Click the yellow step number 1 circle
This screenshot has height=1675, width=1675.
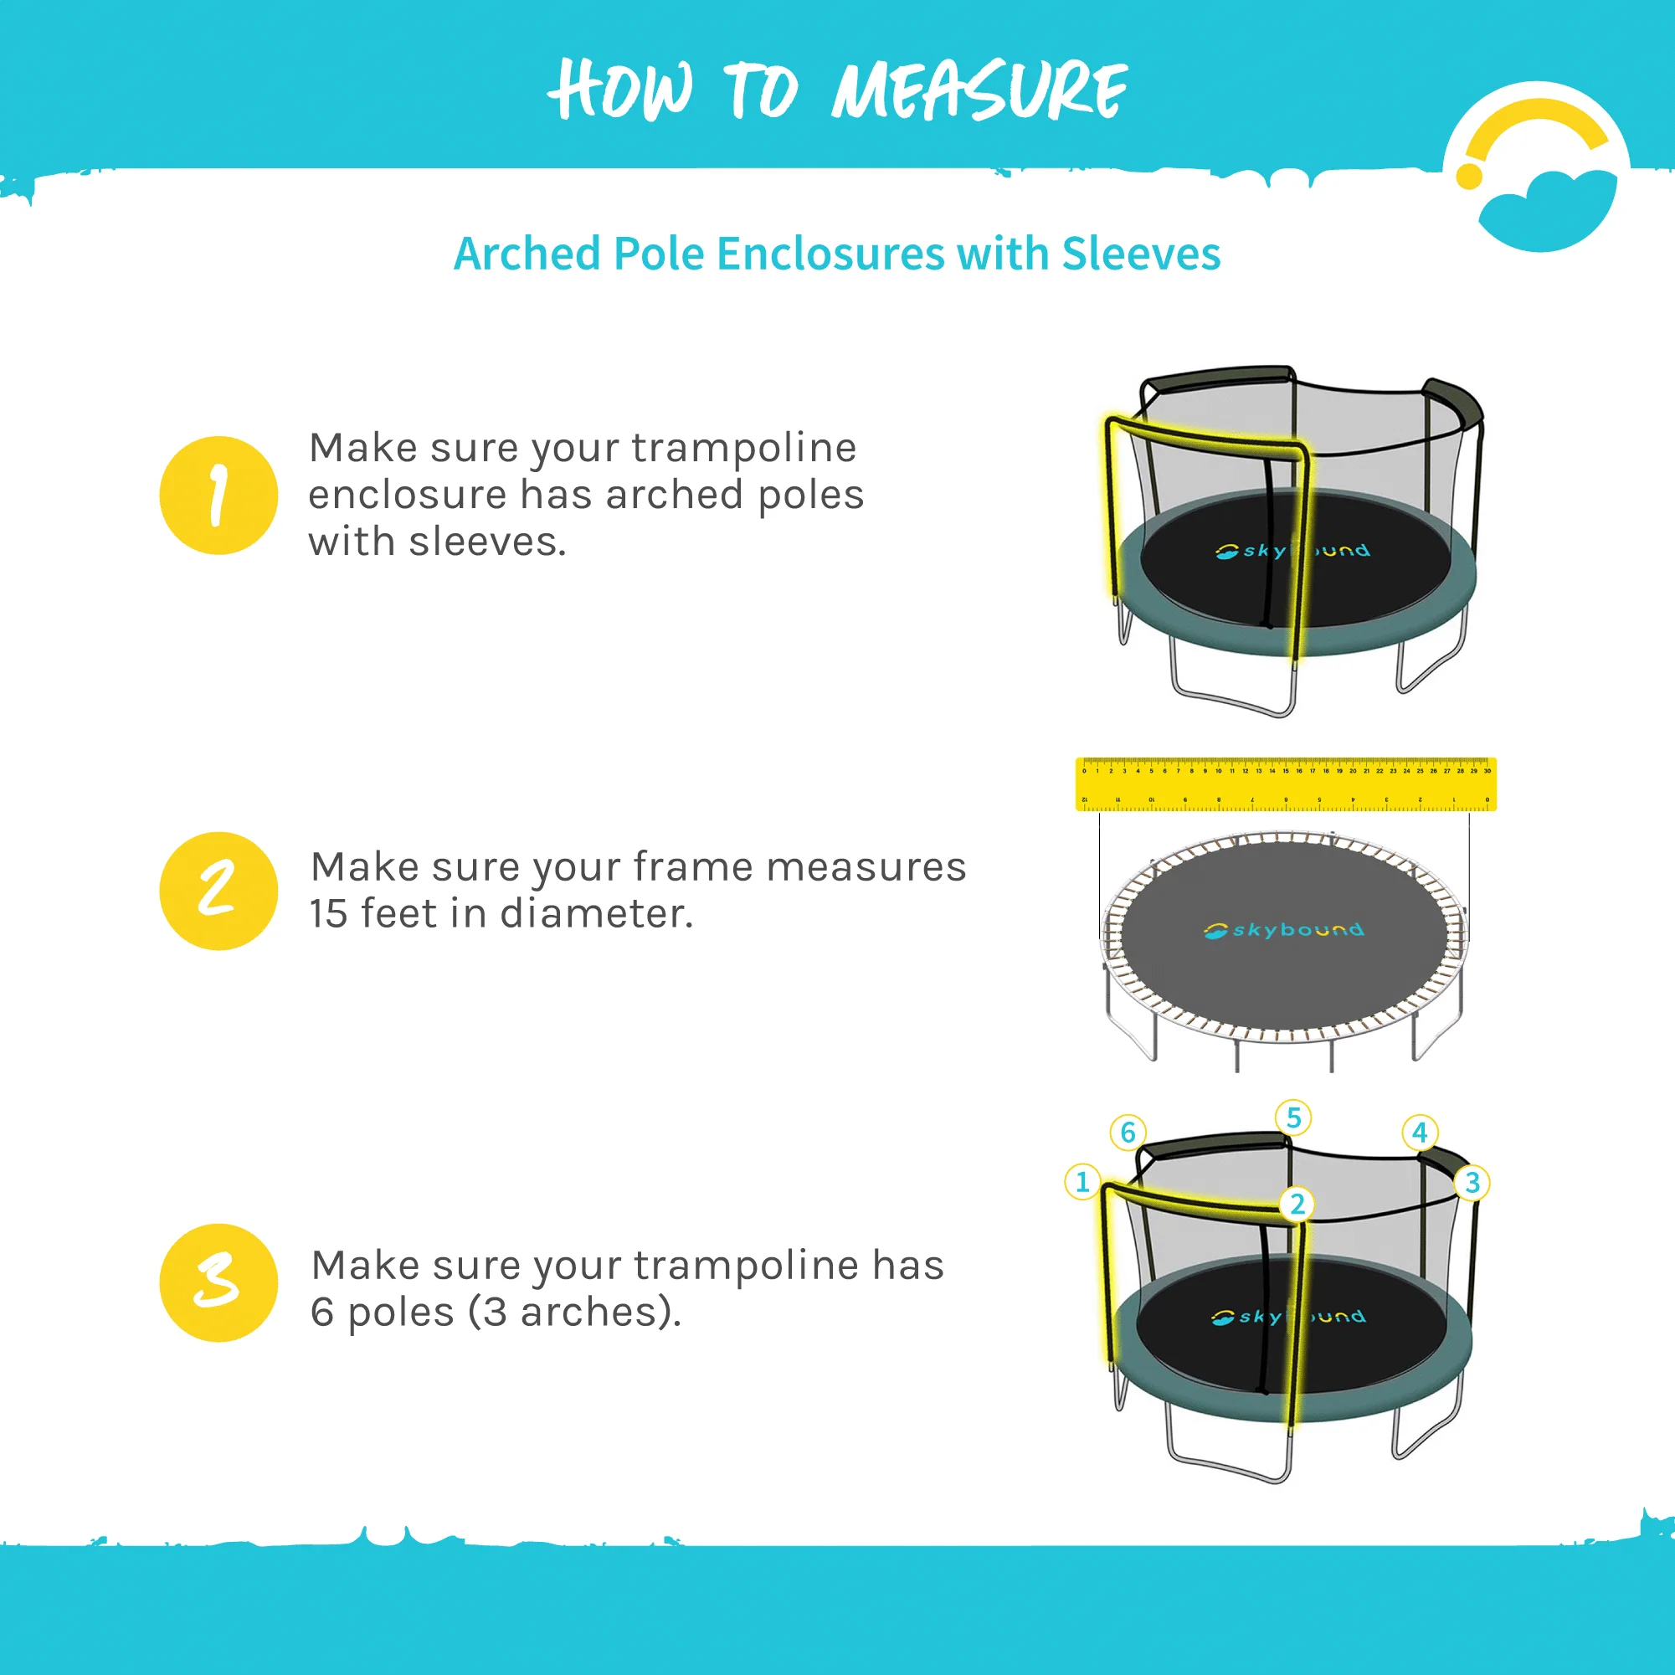[218, 495]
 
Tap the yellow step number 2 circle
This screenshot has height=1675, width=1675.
[218, 891]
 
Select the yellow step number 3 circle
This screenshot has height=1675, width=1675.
[218, 1282]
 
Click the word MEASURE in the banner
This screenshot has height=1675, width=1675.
[979, 91]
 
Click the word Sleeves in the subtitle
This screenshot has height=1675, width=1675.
[1141, 254]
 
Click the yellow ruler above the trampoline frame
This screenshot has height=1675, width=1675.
[1286, 784]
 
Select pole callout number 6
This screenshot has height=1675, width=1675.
[1128, 1133]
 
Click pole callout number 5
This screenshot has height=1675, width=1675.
[1293, 1118]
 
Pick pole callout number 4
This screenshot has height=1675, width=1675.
[1420, 1133]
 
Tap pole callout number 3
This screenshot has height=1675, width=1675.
[1472, 1183]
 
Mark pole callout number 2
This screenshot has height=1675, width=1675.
[1297, 1205]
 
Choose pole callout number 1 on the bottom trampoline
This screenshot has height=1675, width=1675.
[1082, 1182]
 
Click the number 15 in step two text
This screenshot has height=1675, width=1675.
[329, 914]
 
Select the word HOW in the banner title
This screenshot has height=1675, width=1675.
[622, 91]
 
